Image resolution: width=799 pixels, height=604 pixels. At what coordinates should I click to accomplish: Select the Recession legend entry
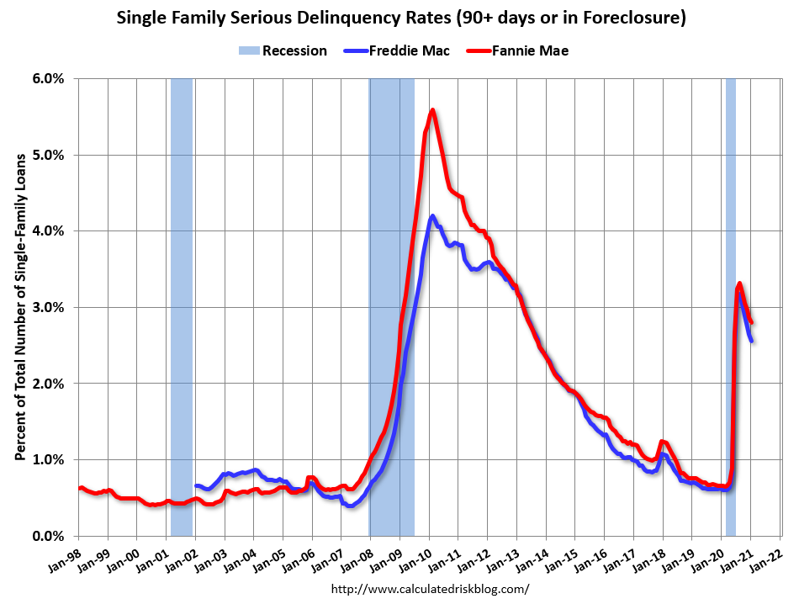[x=283, y=50]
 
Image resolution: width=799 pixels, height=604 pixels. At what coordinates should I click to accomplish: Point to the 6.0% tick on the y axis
[x=48, y=78]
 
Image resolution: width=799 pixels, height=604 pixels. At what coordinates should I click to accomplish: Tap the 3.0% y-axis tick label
[x=48, y=307]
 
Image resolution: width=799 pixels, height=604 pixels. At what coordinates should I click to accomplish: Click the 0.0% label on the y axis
[x=48, y=536]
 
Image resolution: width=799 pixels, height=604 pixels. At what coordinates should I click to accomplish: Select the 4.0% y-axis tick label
[x=48, y=230]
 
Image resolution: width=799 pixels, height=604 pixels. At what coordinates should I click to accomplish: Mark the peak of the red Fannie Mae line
[x=432, y=109]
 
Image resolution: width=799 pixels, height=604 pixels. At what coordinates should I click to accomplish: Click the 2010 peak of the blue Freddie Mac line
[x=432, y=216]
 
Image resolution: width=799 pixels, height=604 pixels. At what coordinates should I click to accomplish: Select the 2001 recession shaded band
[x=182, y=307]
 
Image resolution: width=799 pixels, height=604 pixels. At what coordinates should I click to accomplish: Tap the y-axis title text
[x=19, y=307]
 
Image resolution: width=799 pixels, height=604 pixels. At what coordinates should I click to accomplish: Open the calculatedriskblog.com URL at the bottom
[x=430, y=589]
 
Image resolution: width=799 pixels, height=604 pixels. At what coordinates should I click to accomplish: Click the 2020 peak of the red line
[x=739, y=283]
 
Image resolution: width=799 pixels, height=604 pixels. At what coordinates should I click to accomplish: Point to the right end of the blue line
[x=751, y=341]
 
